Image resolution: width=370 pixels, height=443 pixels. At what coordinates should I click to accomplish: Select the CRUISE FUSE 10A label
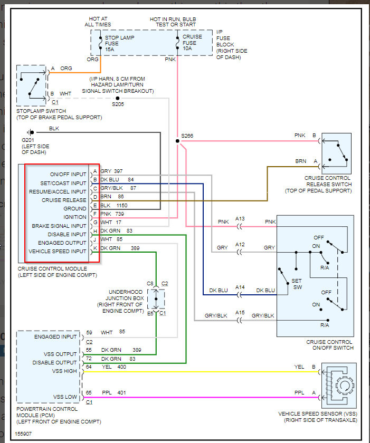[192, 43]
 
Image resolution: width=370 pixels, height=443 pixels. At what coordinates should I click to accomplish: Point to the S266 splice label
[187, 137]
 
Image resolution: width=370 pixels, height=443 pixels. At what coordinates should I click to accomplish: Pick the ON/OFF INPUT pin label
[68, 174]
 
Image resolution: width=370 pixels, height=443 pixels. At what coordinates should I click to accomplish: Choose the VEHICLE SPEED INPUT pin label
[57, 251]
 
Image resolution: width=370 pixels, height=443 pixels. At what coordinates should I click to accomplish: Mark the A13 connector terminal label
[240, 219]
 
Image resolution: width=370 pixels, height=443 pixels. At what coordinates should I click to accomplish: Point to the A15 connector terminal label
[240, 312]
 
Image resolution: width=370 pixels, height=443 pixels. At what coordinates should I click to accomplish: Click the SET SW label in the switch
[297, 284]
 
